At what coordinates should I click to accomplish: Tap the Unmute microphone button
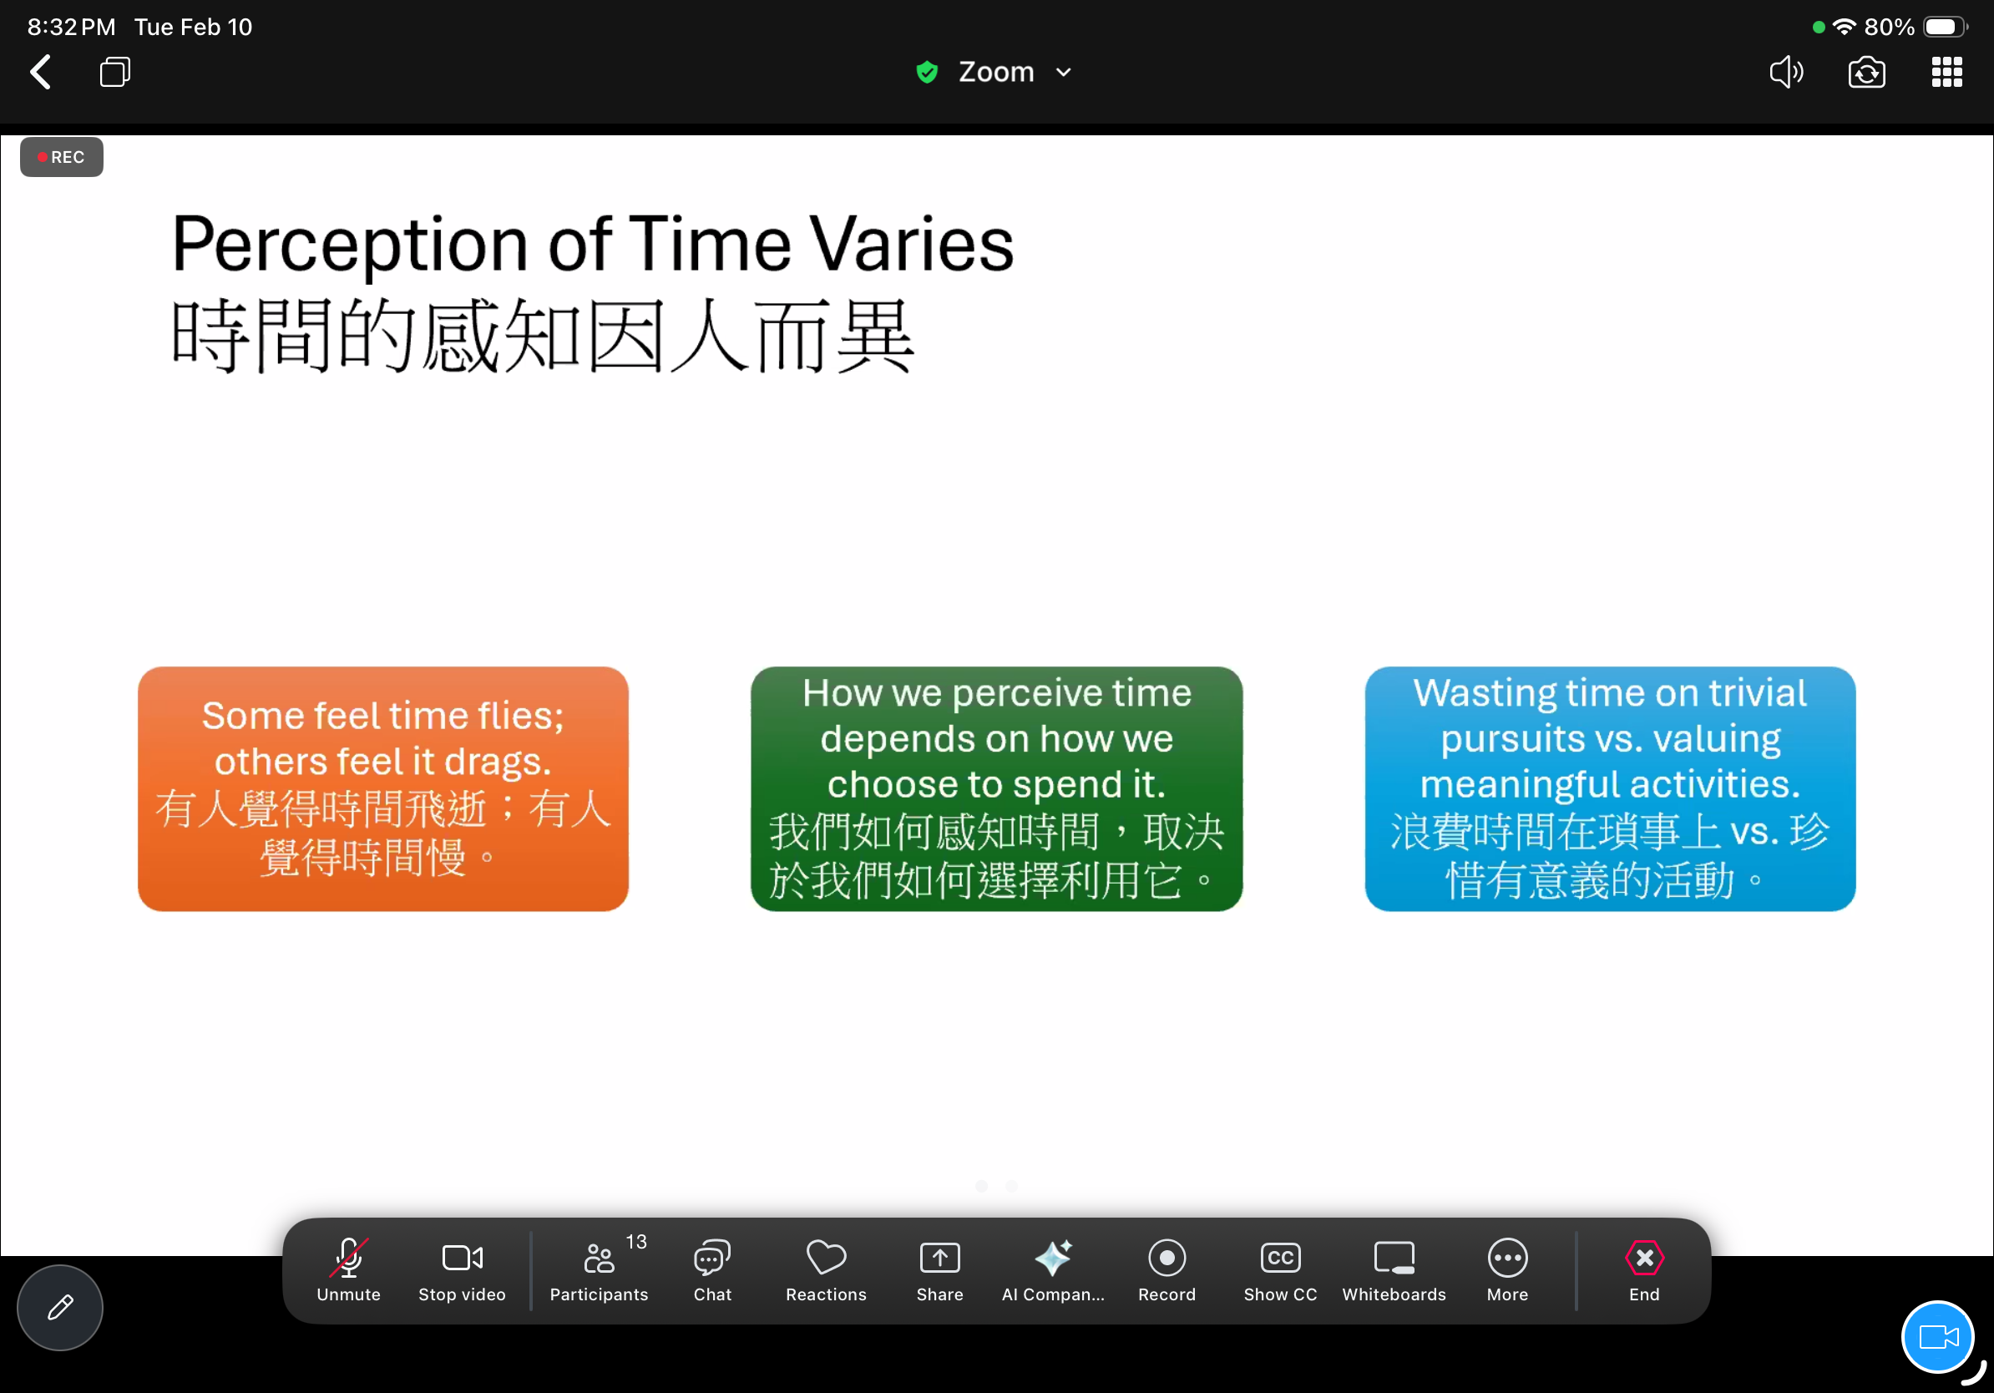point(348,1269)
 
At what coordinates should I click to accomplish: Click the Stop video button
point(462,1269)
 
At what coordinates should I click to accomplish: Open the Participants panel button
point(600,1269)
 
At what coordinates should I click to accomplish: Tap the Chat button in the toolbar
point(712,1269)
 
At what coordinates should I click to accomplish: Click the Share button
point(939,1269)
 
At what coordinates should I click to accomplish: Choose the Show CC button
point(1280,1269)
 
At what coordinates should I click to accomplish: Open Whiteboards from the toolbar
point(1394,1269)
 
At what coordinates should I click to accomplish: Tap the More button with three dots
point(1508,1269)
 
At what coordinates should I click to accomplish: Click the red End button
point(1644,1269)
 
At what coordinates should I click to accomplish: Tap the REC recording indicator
point(62,157)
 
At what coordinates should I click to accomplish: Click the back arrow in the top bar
point(41,72)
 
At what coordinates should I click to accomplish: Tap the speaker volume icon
point(1786,72)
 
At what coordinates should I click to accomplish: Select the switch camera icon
point(1866,72)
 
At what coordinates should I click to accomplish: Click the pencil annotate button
point(60,1307)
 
